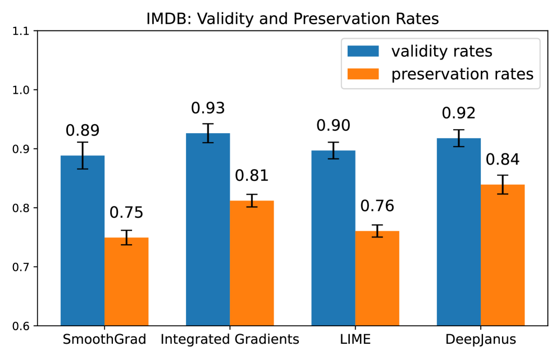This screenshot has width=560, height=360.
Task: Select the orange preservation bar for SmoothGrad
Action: click(x=126, y=281)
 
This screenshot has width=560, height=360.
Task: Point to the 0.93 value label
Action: click(x=208, y=108)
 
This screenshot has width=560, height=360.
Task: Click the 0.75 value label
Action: click(x=126, y=213)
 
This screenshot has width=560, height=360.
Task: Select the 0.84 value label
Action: click(x=503, y=160)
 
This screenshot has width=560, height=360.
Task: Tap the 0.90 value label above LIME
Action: click(x=334, y=125)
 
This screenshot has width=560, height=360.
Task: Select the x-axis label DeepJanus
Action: click(x=481, y=339)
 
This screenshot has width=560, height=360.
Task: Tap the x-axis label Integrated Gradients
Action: click(x=230, y=339)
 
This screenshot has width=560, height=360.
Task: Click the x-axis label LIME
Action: click(x=355, y=339)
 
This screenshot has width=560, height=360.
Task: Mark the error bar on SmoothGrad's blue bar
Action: click(x=83, y=156)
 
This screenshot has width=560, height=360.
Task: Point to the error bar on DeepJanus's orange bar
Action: click(x=503, y=185)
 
